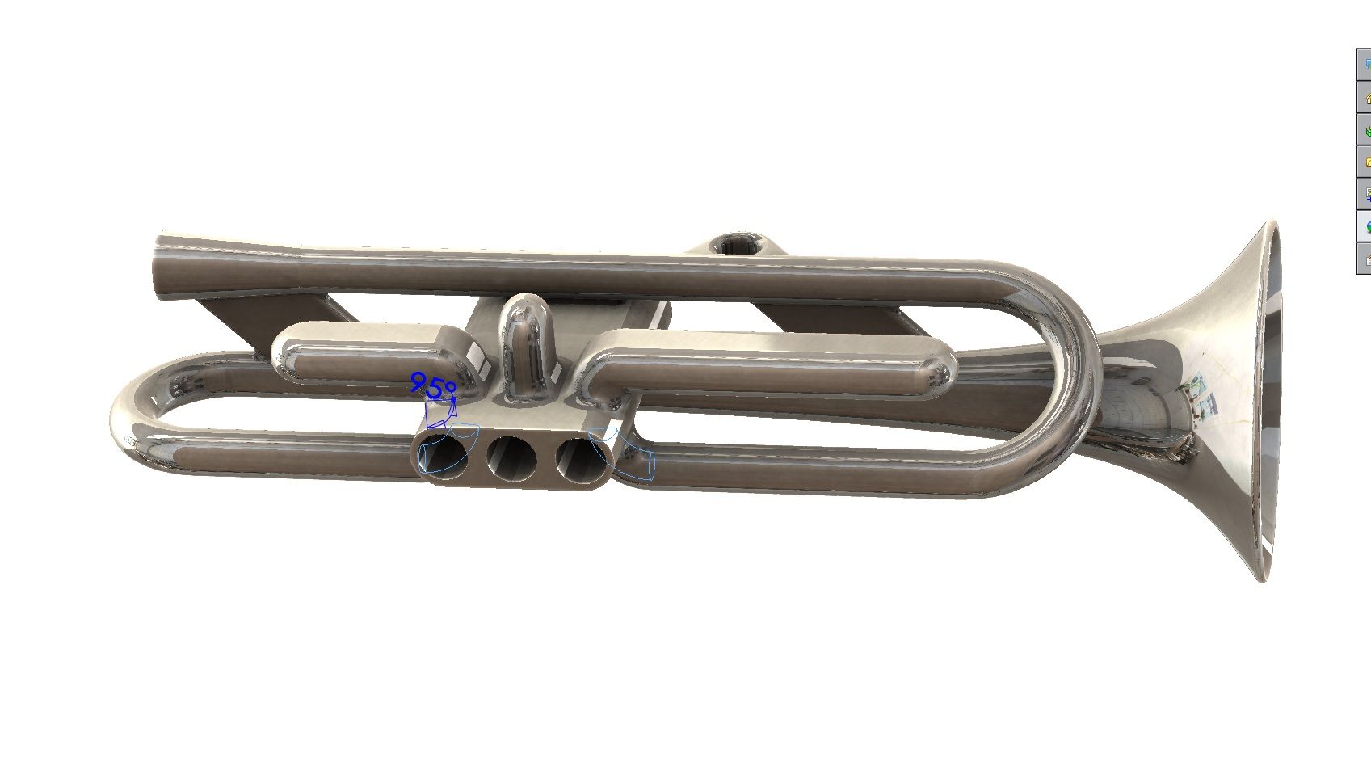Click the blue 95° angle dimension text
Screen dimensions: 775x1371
click(433, 387)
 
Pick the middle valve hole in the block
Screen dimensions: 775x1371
click(511, 459)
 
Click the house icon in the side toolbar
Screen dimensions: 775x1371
click(1366, 98)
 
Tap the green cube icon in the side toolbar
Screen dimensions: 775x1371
click(1366, 130)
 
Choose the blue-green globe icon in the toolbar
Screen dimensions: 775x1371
click(1366, 227)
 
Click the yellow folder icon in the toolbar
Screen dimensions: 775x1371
click(1366, 162)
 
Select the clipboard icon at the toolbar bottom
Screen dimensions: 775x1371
click(1366, 259)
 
